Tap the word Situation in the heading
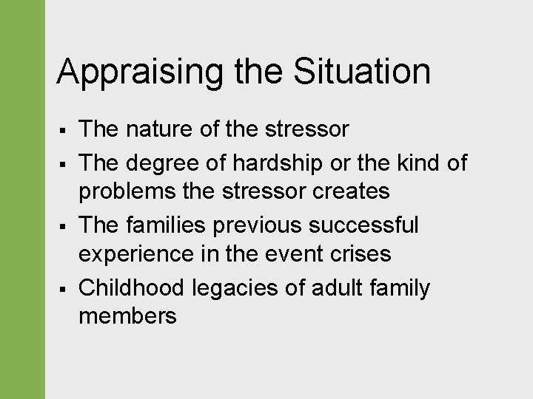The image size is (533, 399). [362, 72]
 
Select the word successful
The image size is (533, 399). [368, 224]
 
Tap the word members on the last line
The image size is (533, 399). [127, 317]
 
